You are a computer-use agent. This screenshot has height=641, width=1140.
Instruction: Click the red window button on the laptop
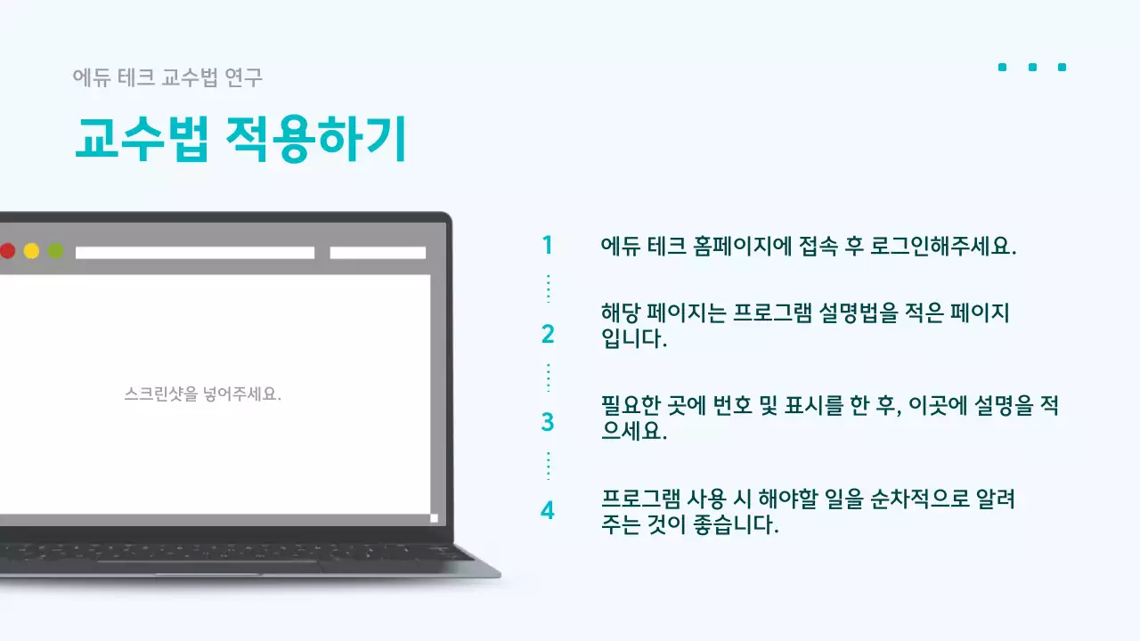[x=7, y=251]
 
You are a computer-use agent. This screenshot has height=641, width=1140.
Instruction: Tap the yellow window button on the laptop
[x=31, y=251]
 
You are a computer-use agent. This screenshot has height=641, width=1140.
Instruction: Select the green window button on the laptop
[x=55, y=251]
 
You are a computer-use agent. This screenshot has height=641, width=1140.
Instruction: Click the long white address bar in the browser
[x=195, y=253]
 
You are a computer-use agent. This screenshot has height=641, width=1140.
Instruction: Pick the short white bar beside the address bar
[x=378, y=253]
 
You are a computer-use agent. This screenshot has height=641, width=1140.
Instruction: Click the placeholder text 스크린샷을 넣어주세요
[x=203, y=394]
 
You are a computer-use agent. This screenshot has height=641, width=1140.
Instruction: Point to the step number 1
[x=547, y=246]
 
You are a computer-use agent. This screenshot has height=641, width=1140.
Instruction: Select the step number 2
[x=547, y=335]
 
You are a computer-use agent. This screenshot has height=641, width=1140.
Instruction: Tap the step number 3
[x=547, y=422]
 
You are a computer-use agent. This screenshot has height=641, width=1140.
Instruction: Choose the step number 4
[x=547, y=511]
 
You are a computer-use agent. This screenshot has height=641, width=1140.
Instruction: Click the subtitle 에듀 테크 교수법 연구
[x=167, y=78]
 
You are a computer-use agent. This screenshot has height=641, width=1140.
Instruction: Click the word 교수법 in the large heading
[x=141, y=139]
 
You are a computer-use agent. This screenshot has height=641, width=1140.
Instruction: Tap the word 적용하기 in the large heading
[x=316, y=139]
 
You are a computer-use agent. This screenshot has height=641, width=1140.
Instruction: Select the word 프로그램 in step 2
[x=770, y=313]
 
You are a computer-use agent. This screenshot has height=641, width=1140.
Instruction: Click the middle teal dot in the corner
[x=1032, y=67]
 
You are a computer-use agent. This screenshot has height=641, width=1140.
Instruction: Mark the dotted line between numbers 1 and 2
[x=548, y=288]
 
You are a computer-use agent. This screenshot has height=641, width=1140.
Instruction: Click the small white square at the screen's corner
[x=434, y=517]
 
